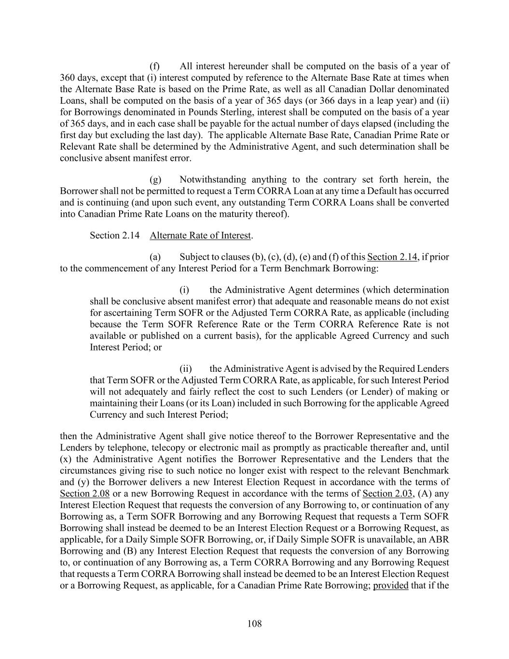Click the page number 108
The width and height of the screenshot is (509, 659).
254,624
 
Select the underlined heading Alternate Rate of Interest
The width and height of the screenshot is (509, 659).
200,235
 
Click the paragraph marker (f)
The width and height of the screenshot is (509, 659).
154,66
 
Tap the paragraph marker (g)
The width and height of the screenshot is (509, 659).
155,180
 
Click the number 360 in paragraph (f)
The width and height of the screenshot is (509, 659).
67,78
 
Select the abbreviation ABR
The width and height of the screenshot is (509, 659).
440,539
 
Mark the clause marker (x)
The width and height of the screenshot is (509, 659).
66,459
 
